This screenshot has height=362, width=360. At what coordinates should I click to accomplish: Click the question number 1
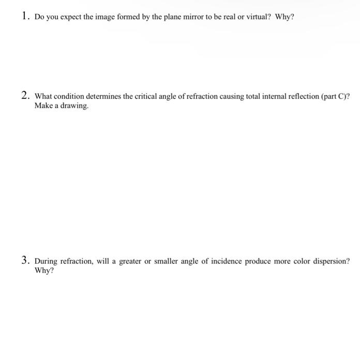25,17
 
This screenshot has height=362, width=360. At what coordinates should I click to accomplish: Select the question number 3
25,261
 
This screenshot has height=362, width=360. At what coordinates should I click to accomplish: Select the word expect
67,18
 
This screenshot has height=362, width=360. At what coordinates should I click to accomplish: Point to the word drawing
70,106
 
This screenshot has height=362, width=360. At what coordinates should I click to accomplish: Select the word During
46,262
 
